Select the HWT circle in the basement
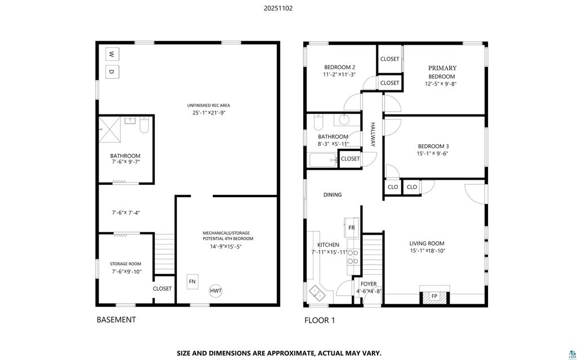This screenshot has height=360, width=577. (x=216, y=291)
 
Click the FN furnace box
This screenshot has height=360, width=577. (x=192, y=282)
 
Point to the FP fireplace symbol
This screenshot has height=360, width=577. (x=434, y=296)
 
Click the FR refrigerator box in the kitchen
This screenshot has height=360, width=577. (x=352, y=228)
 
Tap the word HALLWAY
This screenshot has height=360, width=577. (x=372, y=134)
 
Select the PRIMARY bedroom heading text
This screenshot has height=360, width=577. (x=442, y=68)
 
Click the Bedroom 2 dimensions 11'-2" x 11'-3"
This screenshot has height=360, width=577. (x=340, y=74)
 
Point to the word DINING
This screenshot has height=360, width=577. (x=332, y=195)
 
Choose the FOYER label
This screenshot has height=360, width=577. (x=369, y=284)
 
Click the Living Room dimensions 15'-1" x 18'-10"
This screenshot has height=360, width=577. (x=427, y=251)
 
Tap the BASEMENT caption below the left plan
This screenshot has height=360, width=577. (x=116, y=319)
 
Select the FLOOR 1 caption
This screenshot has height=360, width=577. (x=320, y=321)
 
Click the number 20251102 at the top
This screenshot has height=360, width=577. (x=278, y=8)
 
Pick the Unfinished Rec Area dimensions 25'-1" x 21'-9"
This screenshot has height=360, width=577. (x=208, y=113)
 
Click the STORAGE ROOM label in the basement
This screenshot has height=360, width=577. (x=126, y=264)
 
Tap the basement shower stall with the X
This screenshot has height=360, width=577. (x=110, y=128)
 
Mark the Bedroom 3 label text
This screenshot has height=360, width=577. (x=433, y=146)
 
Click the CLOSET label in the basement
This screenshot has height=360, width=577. (x=162, y=288)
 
